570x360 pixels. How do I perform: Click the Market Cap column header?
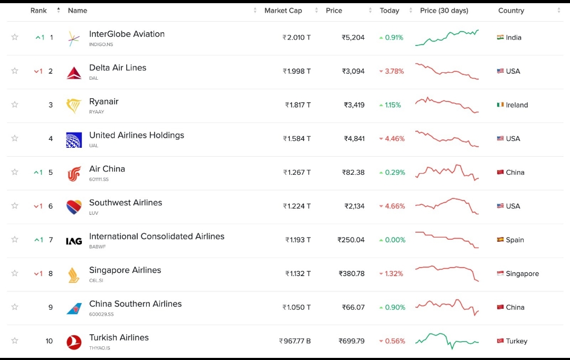tap(283, 11)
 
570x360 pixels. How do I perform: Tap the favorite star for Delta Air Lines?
tap(15, 71)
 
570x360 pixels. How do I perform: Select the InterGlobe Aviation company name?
tap(127, 34)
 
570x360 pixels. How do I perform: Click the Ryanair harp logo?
tap(74, 105)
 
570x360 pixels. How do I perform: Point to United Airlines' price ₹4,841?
tap(354, 139)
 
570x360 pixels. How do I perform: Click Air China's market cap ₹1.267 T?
tap(297, 173)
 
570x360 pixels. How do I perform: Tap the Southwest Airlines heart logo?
tap(74, 206)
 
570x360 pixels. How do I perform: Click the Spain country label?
tap(515, 240)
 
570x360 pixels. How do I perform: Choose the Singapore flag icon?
tap(500, 273)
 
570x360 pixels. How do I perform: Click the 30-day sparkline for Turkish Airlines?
tap(447, 340)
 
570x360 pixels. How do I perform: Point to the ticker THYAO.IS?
tap(100, 348)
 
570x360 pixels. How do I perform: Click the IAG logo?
tap(74, 241)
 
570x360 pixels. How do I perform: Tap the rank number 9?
tap(51, 307)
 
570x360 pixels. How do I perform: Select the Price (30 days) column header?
tap(444, 11)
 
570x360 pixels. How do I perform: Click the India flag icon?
tap(500, 37)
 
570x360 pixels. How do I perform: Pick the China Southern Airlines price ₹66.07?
tap(354, 307)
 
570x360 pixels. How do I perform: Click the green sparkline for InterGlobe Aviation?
tap(447, 37)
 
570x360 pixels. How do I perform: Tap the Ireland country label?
tap(517, 105)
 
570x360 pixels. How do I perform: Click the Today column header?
tap(389, 11)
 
